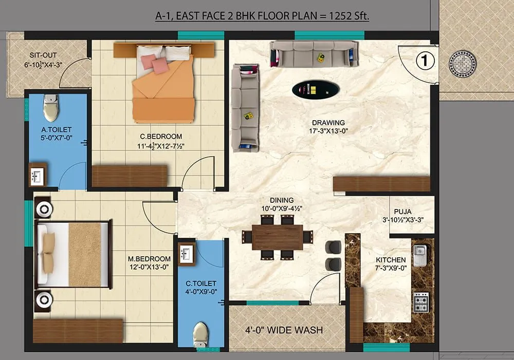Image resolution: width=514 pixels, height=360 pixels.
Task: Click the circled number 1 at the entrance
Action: click(425, 61)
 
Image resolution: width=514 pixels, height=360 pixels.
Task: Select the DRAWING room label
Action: click(328, 123)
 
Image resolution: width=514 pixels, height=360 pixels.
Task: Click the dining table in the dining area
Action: click(278, 237)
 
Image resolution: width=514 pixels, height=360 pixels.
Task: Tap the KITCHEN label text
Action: click(391, 260)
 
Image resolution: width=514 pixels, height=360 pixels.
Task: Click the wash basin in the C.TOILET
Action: click(186, 254)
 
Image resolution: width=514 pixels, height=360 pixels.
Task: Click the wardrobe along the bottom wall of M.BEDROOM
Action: click(78, 330)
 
